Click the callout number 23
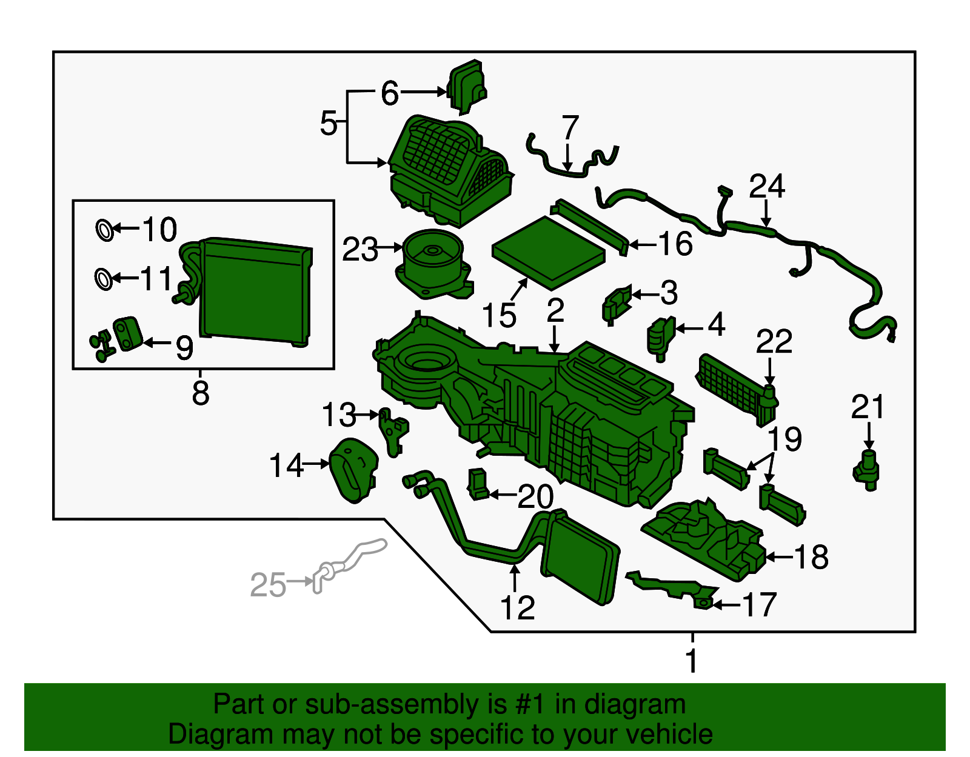click(360, 250)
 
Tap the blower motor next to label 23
click(433, 262)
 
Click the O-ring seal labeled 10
click(104, 230)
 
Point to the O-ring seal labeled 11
click(104, 279)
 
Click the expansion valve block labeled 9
click(127, 333)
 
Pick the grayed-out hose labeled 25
click(349, 561)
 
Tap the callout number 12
click(517, 607)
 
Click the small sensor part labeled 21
click(868, 470)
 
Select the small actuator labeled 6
click(467, 86)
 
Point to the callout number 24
click(766, 187)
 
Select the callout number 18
click(811, 556)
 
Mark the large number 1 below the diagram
click(692, 660)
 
